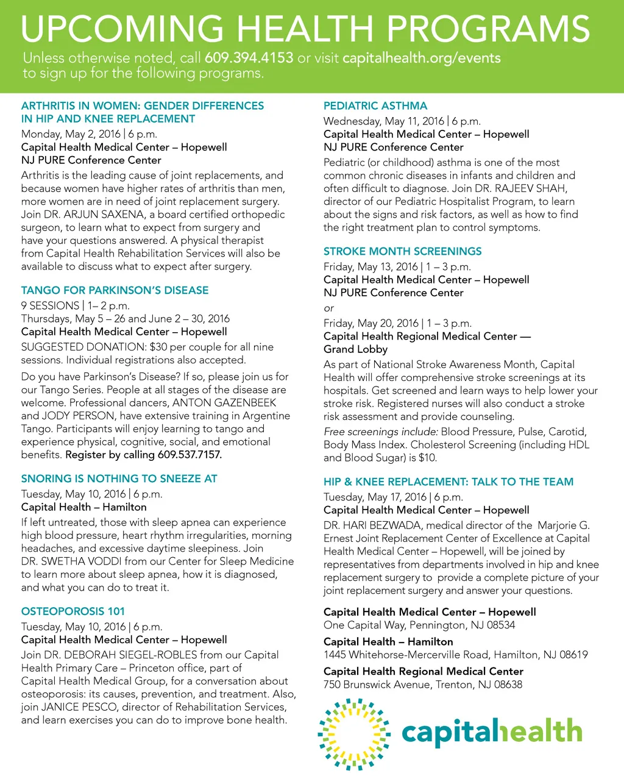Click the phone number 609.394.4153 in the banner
[x=249, y=58]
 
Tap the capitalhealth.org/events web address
[x=422, y=58]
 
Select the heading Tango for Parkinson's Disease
[x=115, y=290]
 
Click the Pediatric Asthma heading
[x=375, y=105]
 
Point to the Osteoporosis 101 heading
[x=73, y=611]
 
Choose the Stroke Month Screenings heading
[x=402, y=251]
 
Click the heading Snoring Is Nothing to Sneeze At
[x=119, y=479]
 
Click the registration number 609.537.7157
[x=190, y=455]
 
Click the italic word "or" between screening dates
[x=328, y=308]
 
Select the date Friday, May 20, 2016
[x=370, y=323]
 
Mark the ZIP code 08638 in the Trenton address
[x=508, y=685]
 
